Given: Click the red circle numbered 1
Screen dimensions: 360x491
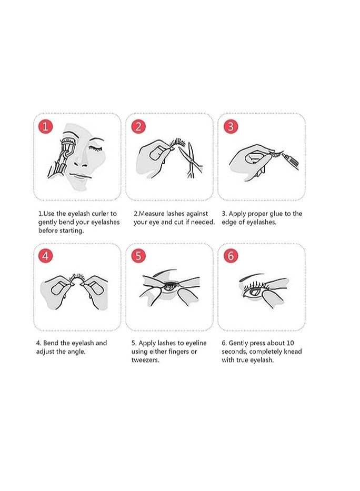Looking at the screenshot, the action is point(45,126).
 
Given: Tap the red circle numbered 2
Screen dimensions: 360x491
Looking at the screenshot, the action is point(138,126).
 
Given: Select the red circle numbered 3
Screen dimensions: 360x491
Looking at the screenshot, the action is point(231,126).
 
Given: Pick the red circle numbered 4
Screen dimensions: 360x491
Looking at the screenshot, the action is point(45,256).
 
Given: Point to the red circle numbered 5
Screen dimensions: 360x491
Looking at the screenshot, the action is point(138,256).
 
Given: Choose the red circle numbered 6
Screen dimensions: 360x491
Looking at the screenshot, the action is point(231,256).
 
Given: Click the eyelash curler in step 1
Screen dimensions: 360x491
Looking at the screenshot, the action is point(61,157).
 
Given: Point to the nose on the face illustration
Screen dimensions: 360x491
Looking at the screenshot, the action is point(83,159).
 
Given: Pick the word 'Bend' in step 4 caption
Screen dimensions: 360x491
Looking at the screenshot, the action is point(51,343).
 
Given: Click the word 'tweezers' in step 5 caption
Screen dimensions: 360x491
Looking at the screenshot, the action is point(145,360).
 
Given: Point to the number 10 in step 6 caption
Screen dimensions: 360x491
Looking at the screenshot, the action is point(289,343).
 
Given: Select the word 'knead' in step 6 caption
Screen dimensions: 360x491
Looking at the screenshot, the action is point(292,352).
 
